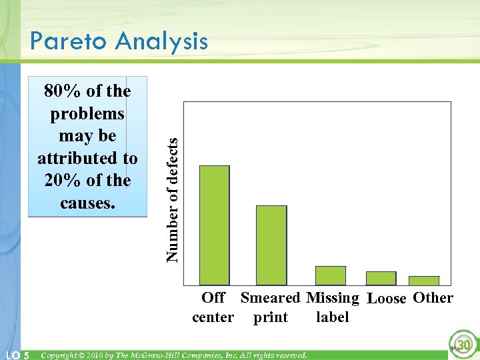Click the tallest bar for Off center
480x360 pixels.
[215, 225]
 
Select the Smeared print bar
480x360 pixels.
[271, 245]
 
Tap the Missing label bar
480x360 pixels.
[331, 276]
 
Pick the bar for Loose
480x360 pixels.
[381, 279]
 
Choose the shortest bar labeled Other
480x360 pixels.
[424, 281]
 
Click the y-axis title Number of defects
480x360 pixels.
[173, 199]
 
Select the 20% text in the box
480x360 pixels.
[59, 181]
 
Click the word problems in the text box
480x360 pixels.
[87, 113]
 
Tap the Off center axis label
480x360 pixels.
[213, 307]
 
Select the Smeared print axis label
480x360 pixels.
[271, 307]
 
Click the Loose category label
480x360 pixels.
[387, 299]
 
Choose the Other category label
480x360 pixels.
[433, 298]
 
